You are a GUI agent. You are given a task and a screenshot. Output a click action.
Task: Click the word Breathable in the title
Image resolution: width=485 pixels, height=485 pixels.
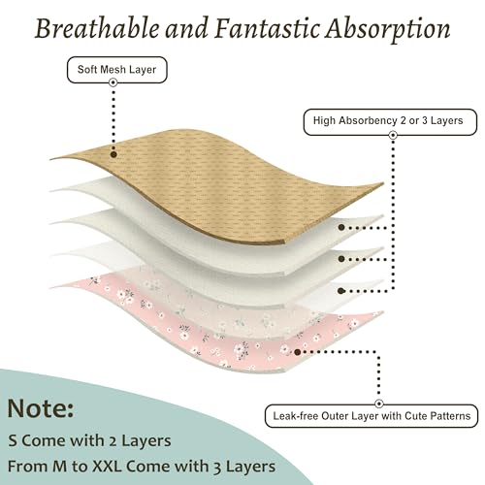97,28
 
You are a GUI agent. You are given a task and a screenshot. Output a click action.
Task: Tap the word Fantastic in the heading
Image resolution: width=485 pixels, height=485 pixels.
267,28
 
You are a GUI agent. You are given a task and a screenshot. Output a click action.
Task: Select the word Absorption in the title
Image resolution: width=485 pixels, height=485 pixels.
388,29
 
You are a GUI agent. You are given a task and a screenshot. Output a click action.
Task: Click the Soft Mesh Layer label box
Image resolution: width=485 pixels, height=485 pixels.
117,70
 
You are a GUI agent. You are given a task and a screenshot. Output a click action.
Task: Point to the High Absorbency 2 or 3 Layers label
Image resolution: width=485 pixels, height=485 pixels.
390,122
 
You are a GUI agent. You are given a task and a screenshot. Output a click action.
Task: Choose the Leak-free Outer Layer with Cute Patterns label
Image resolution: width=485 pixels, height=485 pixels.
372,416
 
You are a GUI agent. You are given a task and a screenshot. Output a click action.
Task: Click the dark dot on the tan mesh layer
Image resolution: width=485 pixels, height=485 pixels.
113,154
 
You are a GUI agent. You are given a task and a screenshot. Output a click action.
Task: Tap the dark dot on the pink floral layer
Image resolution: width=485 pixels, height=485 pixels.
298,352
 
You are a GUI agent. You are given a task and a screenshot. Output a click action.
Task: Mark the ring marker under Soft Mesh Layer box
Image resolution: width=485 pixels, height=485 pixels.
113,82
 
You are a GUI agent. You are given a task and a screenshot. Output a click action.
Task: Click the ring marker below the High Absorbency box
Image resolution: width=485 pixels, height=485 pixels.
393,135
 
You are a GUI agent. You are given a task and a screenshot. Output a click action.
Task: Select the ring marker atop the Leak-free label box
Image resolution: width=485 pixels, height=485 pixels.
379,404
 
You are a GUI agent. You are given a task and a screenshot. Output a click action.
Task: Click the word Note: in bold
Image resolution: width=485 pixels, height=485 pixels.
41,408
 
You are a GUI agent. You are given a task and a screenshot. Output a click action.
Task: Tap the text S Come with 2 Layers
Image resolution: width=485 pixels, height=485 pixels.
89,440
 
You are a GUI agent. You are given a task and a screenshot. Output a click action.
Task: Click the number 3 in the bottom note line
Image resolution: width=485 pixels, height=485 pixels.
217,468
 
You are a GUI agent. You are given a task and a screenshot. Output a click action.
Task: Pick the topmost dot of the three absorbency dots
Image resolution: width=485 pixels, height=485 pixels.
341,227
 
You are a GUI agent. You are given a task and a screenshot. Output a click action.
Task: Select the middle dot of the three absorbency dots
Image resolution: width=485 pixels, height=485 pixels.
341,259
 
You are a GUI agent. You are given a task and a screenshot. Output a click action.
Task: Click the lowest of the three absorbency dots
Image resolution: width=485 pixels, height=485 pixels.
340,291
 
